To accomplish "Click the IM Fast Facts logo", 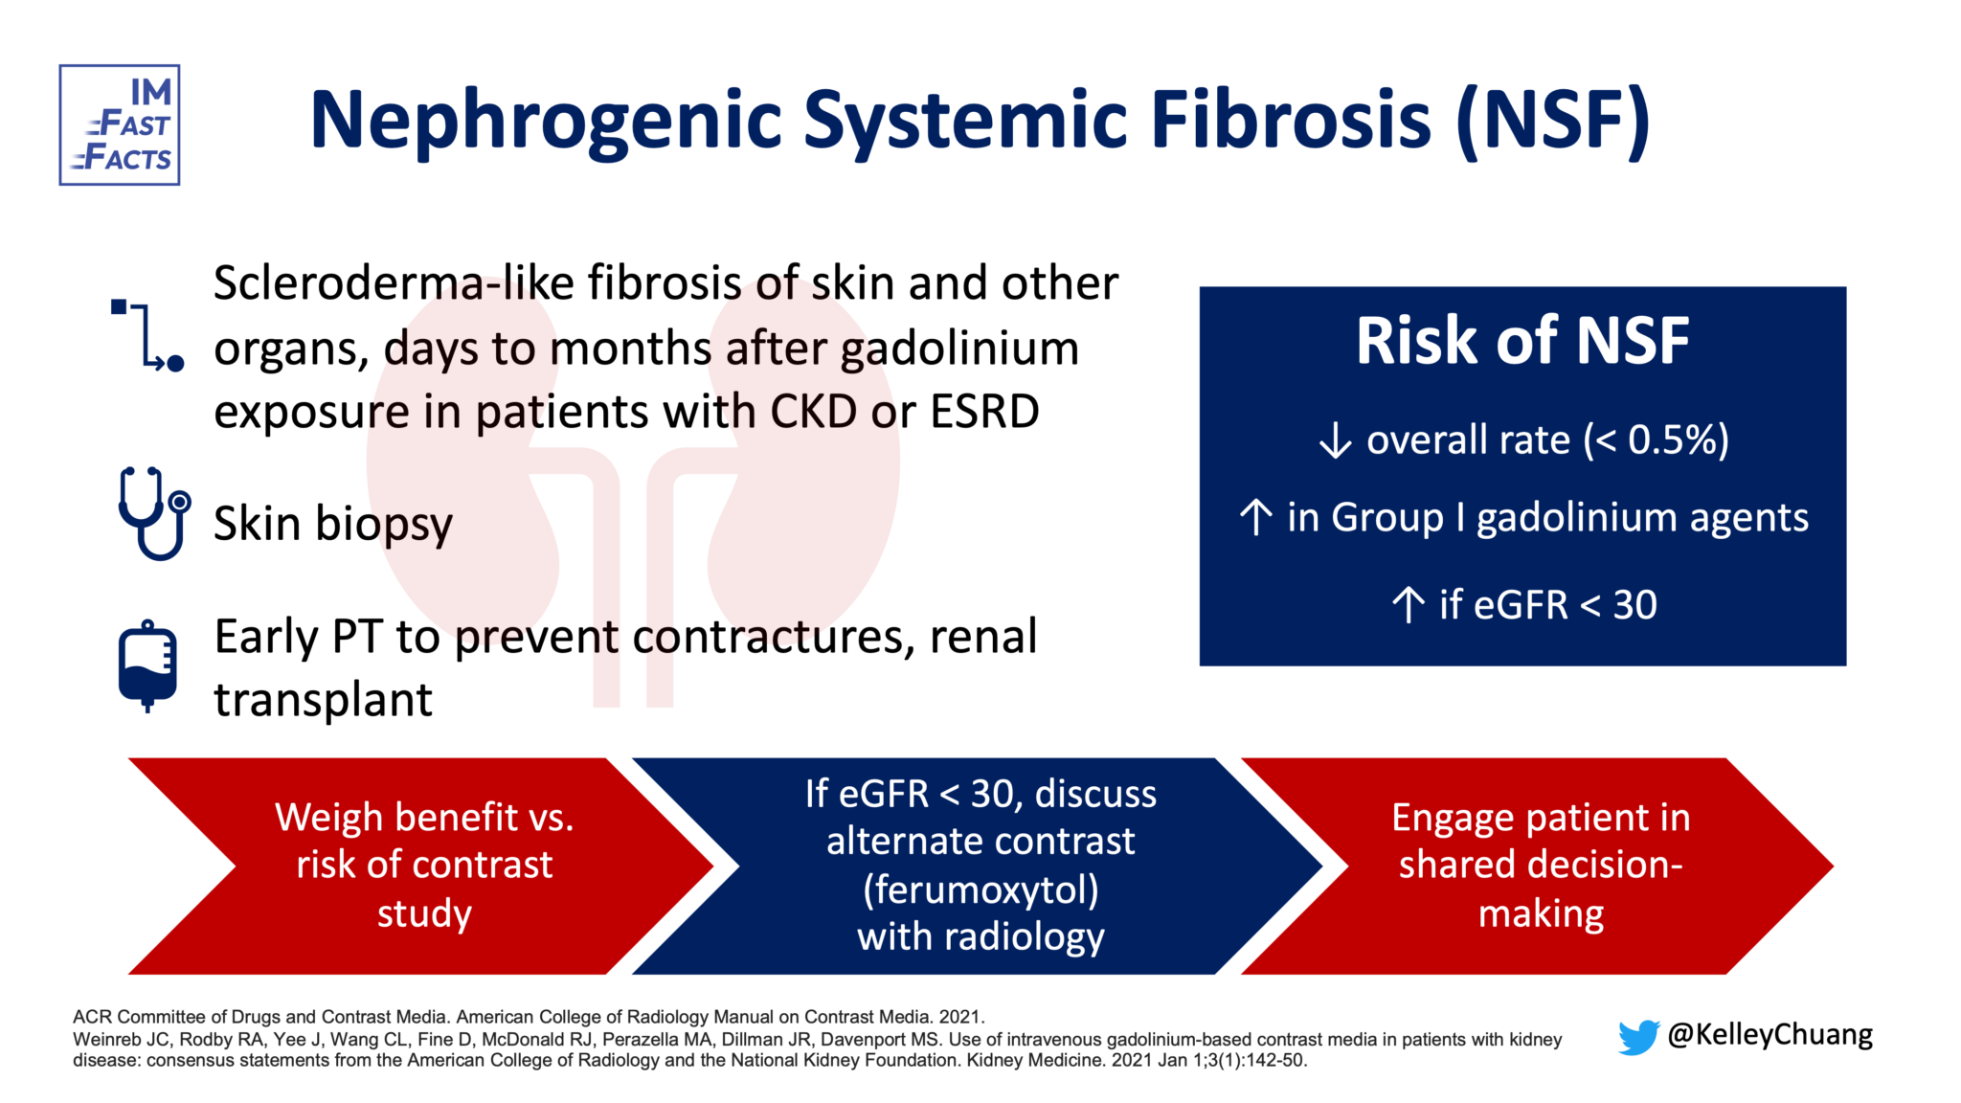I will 120,125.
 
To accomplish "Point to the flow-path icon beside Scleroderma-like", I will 147,335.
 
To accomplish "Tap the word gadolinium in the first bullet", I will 959,349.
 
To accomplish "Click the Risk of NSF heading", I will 1521,341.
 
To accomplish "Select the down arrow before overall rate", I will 1335,441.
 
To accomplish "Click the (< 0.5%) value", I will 1656,440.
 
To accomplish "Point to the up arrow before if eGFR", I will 1408,605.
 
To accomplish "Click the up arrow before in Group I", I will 1255,518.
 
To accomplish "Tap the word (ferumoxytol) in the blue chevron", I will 980,889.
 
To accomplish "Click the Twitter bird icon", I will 1637,1037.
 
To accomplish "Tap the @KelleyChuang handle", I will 1769,1035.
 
